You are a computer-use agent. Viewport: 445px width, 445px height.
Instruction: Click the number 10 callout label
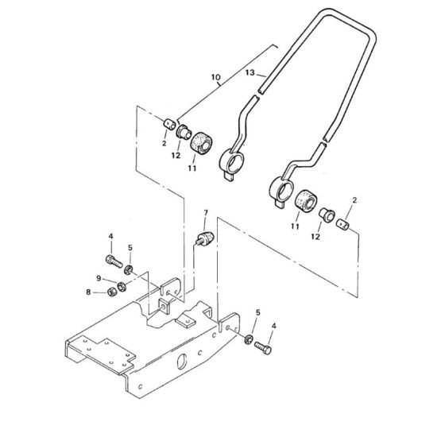pyautogui.click(x=215, y=78)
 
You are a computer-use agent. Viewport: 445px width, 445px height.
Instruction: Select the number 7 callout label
pyautogui.click(x=205, y=214)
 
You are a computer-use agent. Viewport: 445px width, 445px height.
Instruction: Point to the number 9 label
pyautogui.click(x=98, y=277)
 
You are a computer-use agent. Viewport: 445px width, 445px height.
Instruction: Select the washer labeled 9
pyautogui.click(x=122, y=285)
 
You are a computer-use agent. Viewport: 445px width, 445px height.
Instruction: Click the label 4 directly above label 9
pyautogui.click(x=111, y=236)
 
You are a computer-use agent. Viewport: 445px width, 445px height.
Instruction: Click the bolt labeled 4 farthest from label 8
pyautogui.click(x=265, y=345)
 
